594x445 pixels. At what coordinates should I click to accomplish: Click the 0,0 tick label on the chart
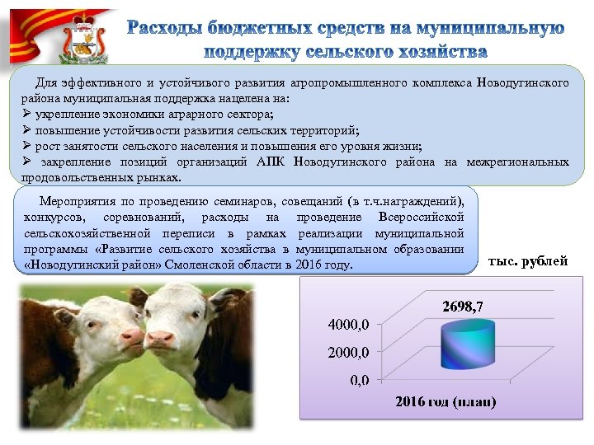tap(360, 380)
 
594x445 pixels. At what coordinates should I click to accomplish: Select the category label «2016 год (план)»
tap(445, 402)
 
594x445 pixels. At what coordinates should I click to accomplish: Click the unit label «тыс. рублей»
tap(528, 261)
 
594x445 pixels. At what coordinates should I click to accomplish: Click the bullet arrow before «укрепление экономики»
tap(27, 115)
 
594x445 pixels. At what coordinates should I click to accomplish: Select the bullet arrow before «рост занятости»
tap(27, 146)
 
